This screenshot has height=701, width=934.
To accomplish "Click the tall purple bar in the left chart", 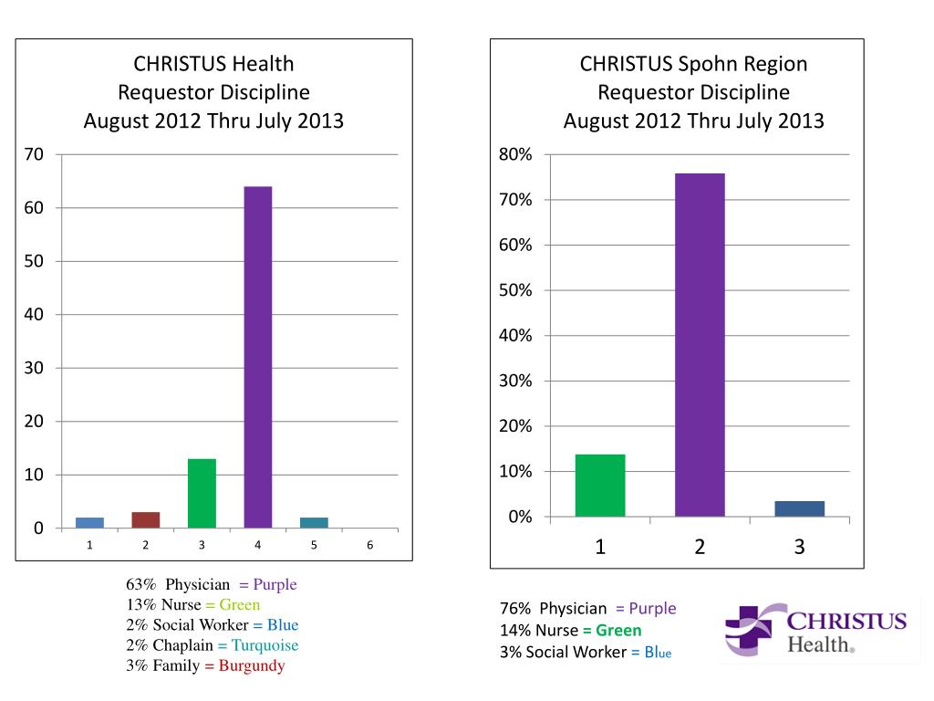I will (x=258, y=357).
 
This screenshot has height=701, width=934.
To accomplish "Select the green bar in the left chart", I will (x=202, y=493).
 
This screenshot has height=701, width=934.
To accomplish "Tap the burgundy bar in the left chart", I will (x=146, y=519).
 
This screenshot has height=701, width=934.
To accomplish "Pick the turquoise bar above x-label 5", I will (x=314, y=522).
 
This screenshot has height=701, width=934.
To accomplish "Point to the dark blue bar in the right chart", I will (x=799, y=508).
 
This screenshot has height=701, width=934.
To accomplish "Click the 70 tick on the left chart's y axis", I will (x=34, y=154).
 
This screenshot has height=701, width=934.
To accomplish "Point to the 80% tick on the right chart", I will (x=515, y=155).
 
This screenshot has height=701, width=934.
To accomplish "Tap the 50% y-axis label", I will (x=515, y=290).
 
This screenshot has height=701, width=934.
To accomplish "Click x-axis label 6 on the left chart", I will (x=369, y=545).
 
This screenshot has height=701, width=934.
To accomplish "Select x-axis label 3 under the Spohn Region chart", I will (x=799, y=547).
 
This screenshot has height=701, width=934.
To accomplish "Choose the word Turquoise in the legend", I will (x=264, y=645).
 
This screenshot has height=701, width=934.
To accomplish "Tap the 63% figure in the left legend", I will (x=140, y=585).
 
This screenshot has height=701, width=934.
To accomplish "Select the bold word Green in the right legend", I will (x=618, y=631).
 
